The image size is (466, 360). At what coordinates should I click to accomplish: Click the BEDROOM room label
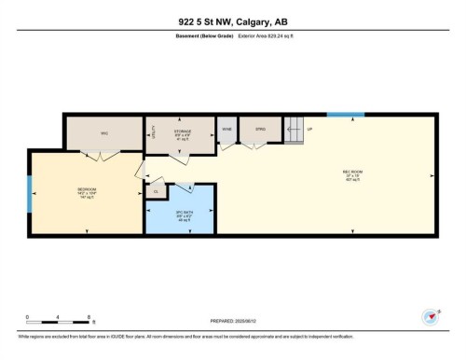click(87, 189)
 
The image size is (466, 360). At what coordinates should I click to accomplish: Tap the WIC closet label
click(105, 132)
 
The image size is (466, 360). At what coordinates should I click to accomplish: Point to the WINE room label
click(226, 128)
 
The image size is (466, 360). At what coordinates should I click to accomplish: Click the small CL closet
click(156, 191)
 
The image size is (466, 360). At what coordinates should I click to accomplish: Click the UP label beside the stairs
click(309, 128)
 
